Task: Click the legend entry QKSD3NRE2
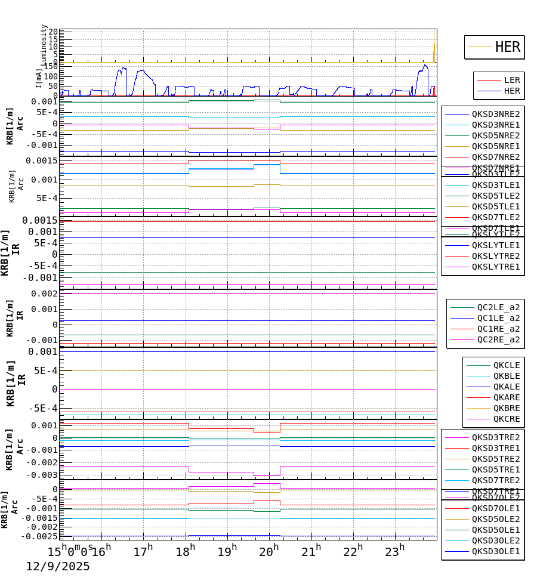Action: [495, 114]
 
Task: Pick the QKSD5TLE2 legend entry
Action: [495, 196]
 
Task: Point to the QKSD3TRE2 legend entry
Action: [495, 437]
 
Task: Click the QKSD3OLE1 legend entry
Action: [495, 551]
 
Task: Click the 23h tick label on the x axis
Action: [393, 549]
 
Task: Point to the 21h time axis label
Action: [310, 549]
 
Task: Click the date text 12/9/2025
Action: [58, 567]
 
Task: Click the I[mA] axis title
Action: [39, 78]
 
